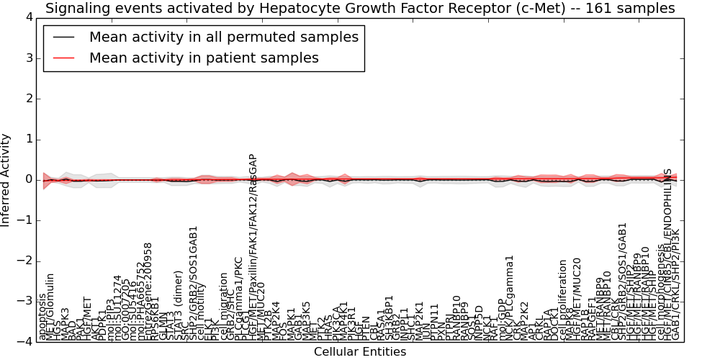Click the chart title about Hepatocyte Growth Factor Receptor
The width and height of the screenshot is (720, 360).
click(x=360, y=9)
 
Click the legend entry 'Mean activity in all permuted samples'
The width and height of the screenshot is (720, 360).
click(x=223, y=37)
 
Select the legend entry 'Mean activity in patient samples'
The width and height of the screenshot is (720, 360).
click(x=204, y=58)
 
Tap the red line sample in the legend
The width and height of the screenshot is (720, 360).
click(x=64, y=58)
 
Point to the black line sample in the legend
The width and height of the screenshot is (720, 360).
click(x=64, y=37)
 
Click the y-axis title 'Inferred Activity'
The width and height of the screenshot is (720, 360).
click(x=6, y=179)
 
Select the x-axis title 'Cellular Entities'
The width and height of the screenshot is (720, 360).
click(x=360, y=352)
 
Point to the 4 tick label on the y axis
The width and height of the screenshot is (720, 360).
click(x=27, y=17)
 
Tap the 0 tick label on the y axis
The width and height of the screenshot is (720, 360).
click(x=27, y=179)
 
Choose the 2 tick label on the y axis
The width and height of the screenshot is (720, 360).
click(x=27, y=99)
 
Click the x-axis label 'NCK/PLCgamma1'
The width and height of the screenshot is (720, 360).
click(x=510, y=297)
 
